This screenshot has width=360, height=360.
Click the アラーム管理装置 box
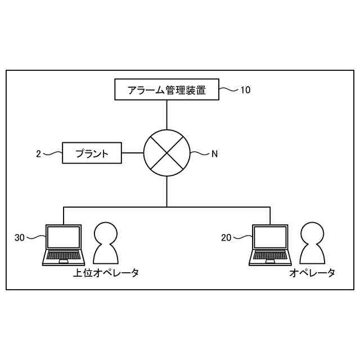(166, 89)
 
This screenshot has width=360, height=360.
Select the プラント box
(92, 152)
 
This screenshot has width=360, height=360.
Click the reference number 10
(245, 89)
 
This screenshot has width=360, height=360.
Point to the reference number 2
(38, 153)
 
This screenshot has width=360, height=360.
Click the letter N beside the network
(214, 153)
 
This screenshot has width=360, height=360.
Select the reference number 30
(20, 238)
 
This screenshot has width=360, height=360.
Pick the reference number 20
(226, 238)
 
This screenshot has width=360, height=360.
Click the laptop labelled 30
(64, 245)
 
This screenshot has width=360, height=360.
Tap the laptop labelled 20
(271, 245)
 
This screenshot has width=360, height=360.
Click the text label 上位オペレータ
(106, 273)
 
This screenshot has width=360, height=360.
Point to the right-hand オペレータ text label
(312, 273)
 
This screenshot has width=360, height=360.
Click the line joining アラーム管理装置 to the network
(167, 115)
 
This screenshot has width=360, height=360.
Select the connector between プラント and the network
(132, 153)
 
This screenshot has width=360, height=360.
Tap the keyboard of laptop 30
(64, 257)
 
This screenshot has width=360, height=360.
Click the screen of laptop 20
(271, 237)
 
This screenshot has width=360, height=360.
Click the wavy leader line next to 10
(229, 89)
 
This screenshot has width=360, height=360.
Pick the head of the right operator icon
(312, 232)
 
